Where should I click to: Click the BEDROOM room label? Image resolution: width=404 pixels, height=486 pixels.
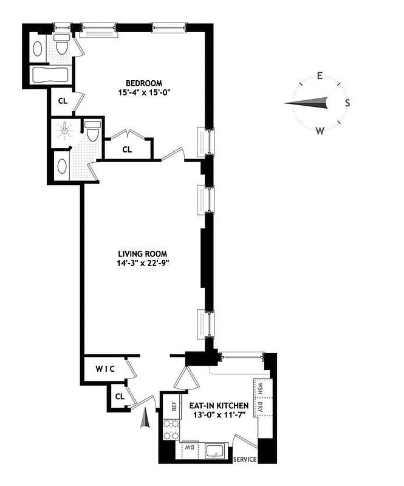pos(144,83)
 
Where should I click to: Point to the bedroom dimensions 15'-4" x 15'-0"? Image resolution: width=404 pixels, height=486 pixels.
pos(144,93)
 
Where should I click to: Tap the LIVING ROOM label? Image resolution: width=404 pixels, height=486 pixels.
pos(143,254)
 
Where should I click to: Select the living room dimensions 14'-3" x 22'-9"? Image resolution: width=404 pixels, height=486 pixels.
pos(143,264)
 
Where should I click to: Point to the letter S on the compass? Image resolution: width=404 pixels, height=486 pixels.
pos(348,103)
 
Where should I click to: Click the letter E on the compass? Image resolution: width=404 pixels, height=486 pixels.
pos(319,76)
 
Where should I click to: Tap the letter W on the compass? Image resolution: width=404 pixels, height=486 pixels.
pos(320,130)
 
